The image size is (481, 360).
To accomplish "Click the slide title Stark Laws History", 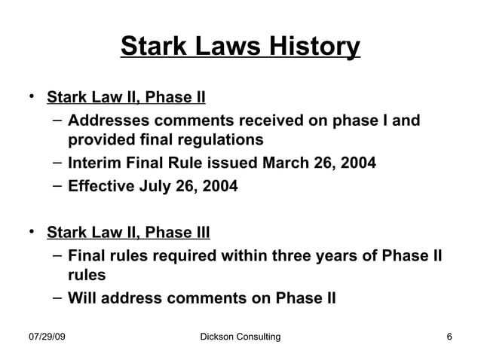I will click(x=240, y=47).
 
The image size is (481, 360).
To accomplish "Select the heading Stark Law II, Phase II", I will click(x=126, y=98).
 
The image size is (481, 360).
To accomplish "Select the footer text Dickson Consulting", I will click(x=235, y=336).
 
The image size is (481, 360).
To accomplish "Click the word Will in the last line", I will click(x=81, y=297).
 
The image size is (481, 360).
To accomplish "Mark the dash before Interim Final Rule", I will click(x=57, y=162).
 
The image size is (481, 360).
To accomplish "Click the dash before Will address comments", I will click(x=57, y=296).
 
